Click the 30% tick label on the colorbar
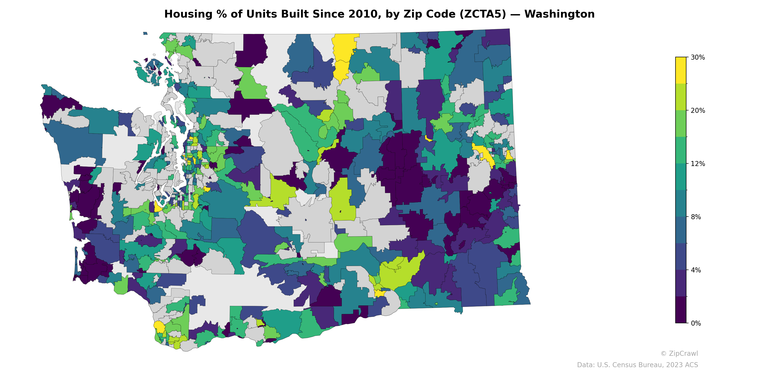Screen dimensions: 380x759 [697, 57]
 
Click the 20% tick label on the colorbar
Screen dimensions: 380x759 [697, 110]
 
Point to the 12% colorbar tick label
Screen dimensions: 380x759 [697, 163]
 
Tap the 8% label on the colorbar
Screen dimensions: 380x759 [696, 217]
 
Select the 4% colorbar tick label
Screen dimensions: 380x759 [696, 270]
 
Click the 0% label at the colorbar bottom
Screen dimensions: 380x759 [696, 323]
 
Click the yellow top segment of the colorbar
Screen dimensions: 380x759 [681, 70]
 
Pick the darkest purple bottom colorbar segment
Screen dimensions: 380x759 [681, 310]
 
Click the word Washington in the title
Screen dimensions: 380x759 [559, 14]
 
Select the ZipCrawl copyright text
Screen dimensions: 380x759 [679, 353]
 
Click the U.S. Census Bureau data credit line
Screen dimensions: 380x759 [637, 365]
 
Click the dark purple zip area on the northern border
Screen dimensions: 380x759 [252, 50]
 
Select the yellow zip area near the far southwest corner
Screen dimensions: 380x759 [159, 327]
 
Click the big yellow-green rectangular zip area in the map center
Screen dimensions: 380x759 [342, 204]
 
